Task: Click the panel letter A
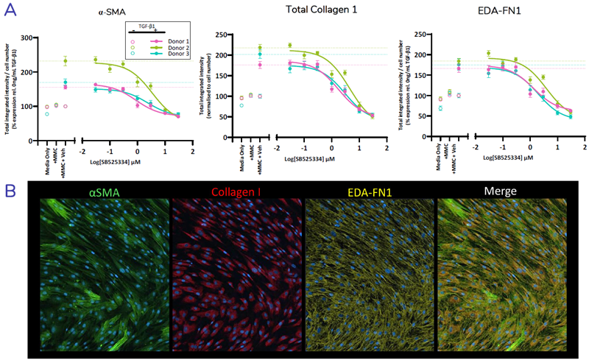pos(11,10)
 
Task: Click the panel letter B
pos(11,191)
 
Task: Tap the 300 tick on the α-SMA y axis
pos(31,38)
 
